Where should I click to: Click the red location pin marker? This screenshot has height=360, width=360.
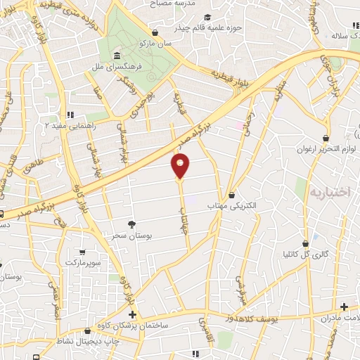180,166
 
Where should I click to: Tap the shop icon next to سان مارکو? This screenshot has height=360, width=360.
155,32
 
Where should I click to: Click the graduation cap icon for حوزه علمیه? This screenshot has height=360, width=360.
207,18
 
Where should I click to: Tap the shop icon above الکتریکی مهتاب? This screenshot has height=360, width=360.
232,195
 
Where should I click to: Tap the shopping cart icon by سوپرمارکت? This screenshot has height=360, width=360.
82,252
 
